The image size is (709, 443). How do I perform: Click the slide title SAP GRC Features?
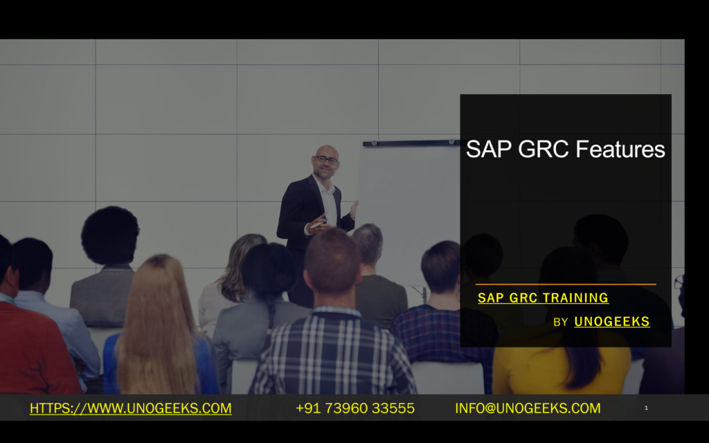pyautogui.click(x=565, y=150)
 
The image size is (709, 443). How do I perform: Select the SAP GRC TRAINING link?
pyautogui.click(x=543, y=298)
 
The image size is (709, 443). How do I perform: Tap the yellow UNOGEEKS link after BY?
pyautogui.click(x=612, y=322)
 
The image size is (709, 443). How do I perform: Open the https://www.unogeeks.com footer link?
pyautogui.click(x=130, y=408)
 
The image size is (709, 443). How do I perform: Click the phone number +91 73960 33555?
pyautogui.click(x=355, y=408)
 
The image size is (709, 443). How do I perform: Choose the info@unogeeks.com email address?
pyautogui.click(x=528, y=408)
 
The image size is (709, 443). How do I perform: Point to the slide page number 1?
pyautogui.click(x=646, y=408)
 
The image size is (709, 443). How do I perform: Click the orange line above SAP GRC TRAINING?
pyautogui.click(x=566, y=284)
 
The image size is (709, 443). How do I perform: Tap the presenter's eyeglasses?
pyautogui.click(x=326, y=160)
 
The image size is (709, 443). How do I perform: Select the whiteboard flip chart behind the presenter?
pyautogui.click(x=409, y=201)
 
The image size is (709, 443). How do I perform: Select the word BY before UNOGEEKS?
pyautogui.click(x=561, y=323)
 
